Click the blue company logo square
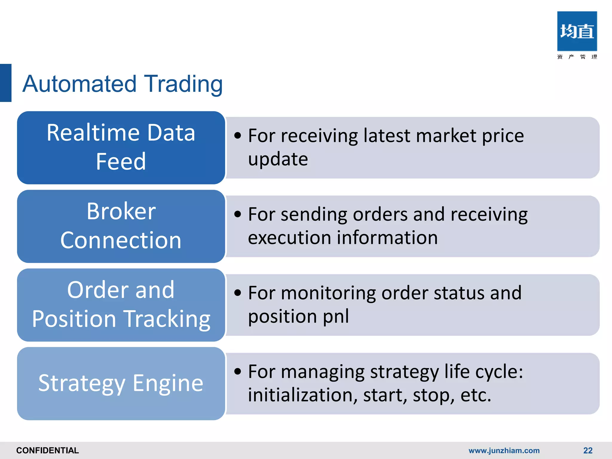577,31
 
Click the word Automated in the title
79,84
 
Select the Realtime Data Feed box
121,147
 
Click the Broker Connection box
121,226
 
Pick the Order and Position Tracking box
121,305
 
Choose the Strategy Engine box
121,383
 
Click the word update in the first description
278,160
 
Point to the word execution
289,238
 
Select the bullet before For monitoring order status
238,293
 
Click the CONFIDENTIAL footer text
48,450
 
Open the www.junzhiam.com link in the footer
504,450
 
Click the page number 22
587,450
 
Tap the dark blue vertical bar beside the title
6,83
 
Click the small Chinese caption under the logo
577,57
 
